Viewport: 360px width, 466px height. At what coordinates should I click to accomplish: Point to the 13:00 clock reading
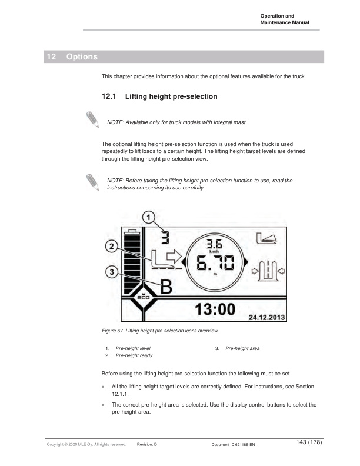point(215,309)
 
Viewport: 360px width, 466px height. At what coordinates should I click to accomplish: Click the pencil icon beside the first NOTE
point(92,118)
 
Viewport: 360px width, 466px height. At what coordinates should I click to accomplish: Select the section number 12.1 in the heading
point(110,96)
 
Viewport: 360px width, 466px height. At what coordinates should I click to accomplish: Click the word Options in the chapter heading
point(82,57)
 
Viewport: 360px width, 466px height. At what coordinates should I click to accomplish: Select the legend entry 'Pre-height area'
point(242,348)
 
